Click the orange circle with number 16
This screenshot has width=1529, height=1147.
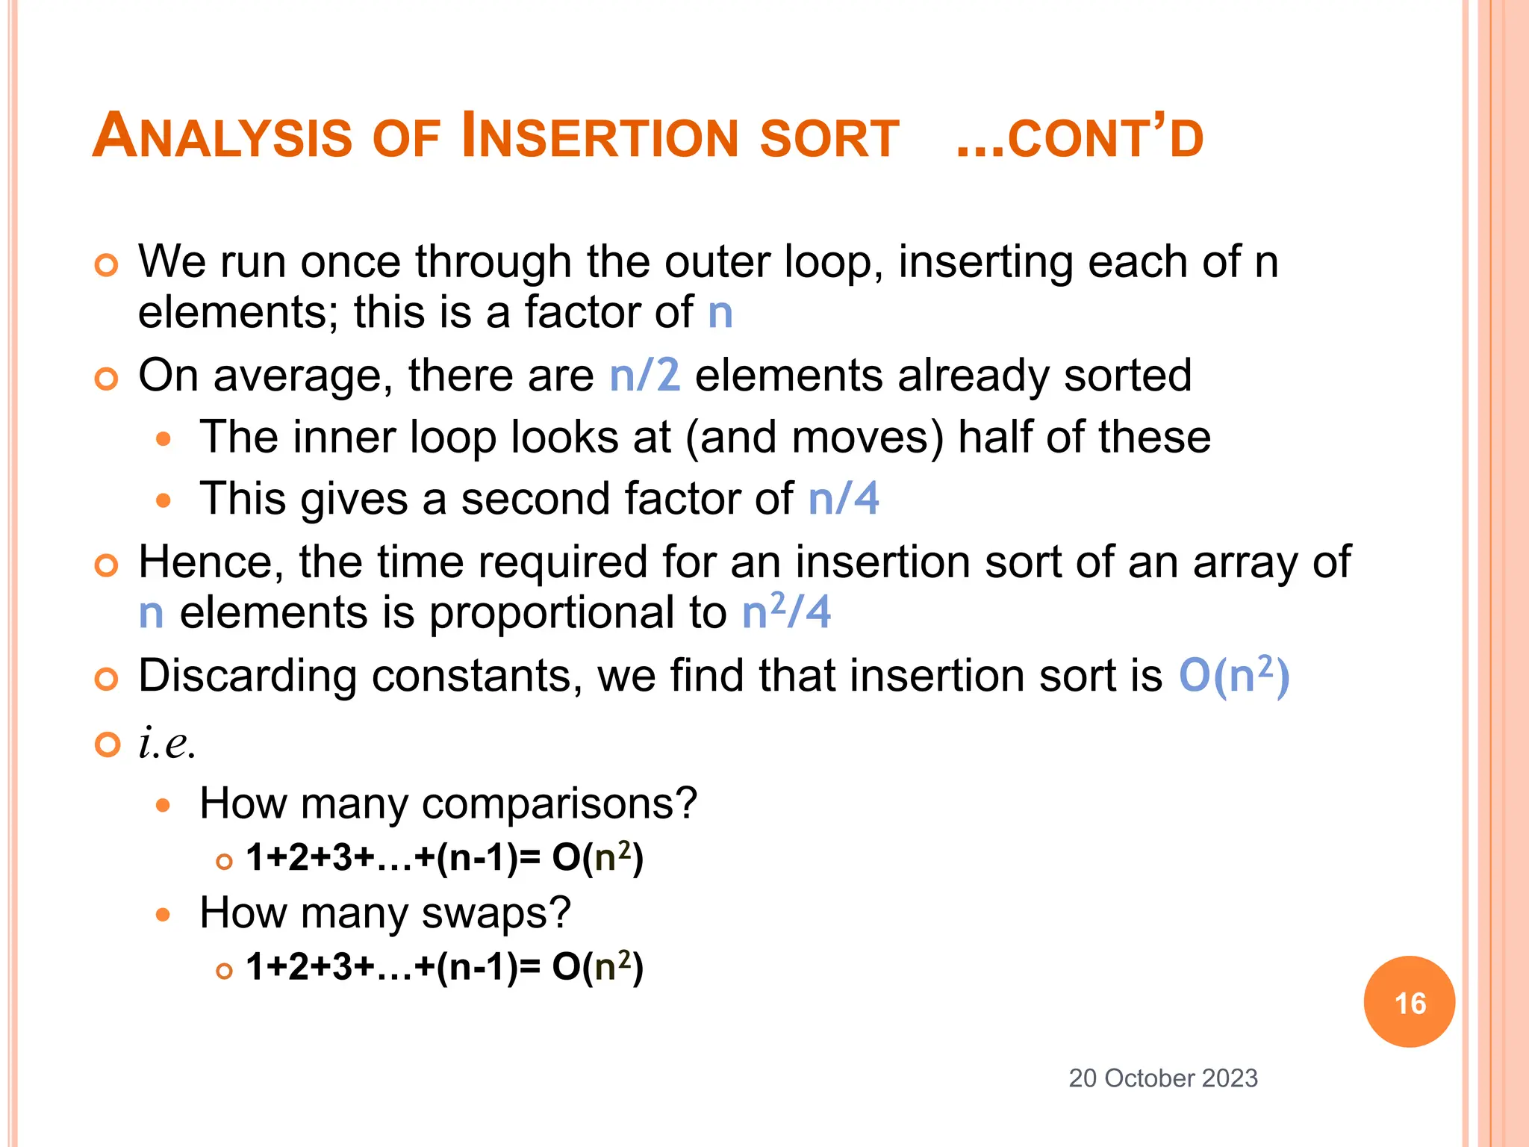tap(1409, 1001)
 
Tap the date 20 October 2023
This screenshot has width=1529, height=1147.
tap(1162, 1078)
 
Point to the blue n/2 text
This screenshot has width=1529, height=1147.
tap(644, 375)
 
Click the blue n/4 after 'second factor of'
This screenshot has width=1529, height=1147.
tap(843, 499)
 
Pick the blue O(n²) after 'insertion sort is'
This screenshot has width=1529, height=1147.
tap(1233, 676)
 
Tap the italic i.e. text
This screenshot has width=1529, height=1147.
tap(167, 744)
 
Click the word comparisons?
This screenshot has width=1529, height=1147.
tap(559, 804)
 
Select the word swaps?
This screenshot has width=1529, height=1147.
tap(496, 913)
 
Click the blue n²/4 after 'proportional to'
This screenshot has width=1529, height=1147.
tap(785, 612)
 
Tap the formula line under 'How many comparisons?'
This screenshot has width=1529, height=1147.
tap(444, 857)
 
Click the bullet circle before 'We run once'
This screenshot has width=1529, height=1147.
tap(107, 265)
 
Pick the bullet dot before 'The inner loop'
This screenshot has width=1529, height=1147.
tap(164, 438)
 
